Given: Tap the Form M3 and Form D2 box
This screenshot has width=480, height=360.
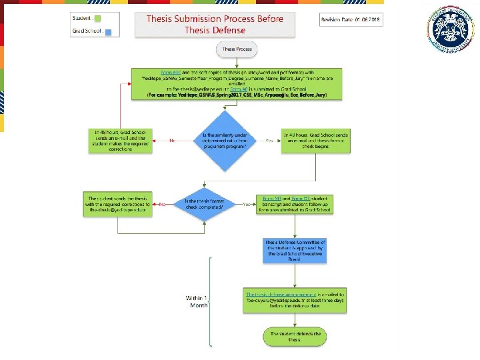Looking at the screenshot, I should point(295,203).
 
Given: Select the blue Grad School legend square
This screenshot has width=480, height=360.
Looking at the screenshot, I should point(108,31).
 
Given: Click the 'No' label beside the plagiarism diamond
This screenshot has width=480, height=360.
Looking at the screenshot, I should point(172,141).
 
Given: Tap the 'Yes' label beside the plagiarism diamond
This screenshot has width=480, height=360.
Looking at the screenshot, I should point(269,141).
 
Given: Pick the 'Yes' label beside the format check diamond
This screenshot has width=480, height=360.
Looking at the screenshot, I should point(246,204).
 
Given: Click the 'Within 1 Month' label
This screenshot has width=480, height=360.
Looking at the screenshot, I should point(196,301).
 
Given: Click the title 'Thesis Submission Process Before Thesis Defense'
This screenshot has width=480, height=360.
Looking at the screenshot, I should point(215,24).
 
